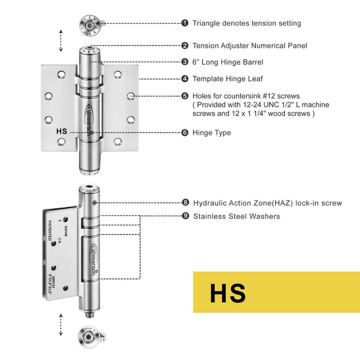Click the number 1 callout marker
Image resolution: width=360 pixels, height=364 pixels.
point(185,23)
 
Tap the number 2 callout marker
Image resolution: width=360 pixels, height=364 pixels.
point(185,46)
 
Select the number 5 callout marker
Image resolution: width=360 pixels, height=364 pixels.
point(185,96)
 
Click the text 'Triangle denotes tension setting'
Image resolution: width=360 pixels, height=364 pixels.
point(247,23)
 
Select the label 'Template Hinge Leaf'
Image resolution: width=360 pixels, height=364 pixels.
point(228,79)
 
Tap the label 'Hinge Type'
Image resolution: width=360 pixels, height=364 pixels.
point(212,133)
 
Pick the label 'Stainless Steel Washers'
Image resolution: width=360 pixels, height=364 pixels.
point(237,216)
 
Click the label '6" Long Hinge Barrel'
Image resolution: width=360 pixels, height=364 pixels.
point(228,62)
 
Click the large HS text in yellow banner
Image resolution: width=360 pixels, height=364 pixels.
point(228,293)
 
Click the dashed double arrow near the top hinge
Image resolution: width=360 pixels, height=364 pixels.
point(61,40)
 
